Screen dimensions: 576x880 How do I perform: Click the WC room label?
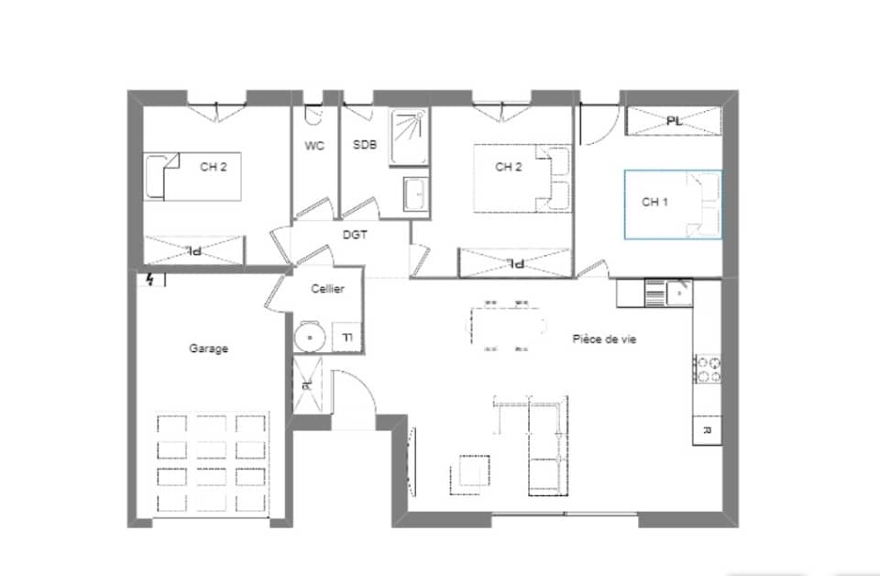coord(314,146)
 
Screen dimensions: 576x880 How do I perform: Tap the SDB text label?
coord(364,146)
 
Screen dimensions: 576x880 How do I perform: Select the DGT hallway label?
coord(355,235)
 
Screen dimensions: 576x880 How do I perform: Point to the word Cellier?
coord(327,289)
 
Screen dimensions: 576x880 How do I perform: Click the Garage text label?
coord(208,349)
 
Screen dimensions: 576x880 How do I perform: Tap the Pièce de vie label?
coord(604,339)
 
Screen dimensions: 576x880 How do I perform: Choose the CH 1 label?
coord(653,203)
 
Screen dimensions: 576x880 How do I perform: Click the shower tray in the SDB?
coord(408,138)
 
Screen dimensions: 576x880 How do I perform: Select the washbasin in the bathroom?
coord(415,194)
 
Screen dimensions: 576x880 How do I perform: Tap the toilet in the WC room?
coord(313,116)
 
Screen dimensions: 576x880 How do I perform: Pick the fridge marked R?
coord(707,429)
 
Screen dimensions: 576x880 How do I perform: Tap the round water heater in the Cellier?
coord(310,338)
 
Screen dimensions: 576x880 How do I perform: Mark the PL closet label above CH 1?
coord(674,121)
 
